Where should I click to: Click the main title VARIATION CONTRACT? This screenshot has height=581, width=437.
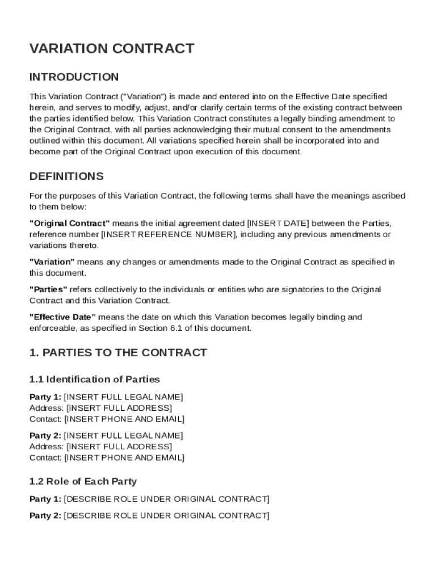[x=111, y=49]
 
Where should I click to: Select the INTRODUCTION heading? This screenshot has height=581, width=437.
[x=74, y=77]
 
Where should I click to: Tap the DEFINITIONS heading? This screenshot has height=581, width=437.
[x=66, y=176]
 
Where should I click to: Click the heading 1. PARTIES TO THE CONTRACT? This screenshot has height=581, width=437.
[x=118, y=353]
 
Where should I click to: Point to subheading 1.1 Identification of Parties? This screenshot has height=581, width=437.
[x=94, y=379]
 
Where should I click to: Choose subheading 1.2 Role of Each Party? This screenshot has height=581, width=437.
[x=83, y=481]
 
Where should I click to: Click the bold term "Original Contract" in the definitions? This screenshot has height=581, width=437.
[x=69, y=223]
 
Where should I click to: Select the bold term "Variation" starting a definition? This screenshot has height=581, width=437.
[x=52, y=262]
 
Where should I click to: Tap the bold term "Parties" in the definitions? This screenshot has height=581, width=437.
[x=48, y=289]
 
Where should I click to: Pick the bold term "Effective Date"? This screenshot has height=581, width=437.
[x=62, y=317]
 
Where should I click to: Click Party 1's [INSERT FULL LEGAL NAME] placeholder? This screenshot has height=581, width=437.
[x=123, y=397]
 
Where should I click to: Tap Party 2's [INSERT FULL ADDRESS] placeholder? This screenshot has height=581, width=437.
[x=119, y=447]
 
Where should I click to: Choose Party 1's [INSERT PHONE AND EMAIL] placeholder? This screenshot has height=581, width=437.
[x=124, y=419]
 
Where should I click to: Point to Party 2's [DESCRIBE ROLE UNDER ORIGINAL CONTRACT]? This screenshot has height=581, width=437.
[x=167, y=516]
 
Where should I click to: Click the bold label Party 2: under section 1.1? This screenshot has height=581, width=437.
[x=45, y=435]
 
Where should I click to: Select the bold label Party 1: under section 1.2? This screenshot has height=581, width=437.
[x=45, y=499]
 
